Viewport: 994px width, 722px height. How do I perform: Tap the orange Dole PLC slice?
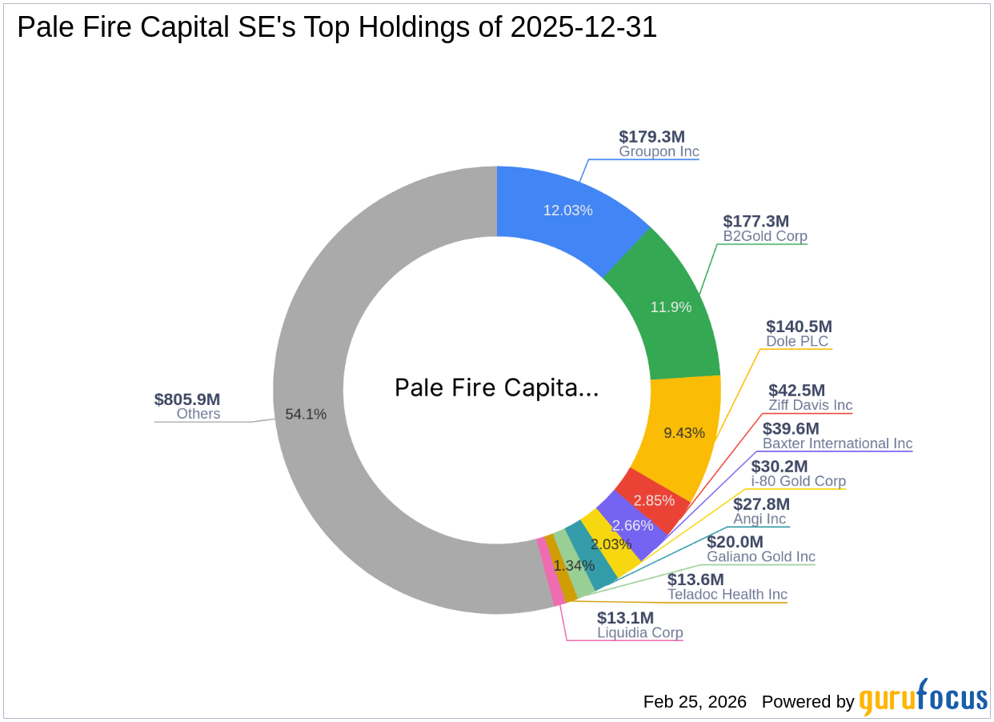point(680,432)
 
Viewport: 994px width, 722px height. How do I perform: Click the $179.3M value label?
point(651,137)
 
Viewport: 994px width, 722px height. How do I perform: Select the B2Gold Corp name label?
point(765,237)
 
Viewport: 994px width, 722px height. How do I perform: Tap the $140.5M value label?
point(799,327)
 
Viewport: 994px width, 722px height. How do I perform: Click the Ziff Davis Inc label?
point(811,405)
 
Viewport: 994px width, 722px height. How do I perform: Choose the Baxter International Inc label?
point(837,443)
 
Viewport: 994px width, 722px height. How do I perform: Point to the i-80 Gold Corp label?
point(798,481)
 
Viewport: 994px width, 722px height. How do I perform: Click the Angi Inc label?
point(760,519)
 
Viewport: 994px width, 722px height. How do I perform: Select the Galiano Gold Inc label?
point(761,556)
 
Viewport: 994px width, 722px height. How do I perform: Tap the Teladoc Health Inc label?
point(727,595)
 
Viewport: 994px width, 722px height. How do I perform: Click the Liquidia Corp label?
point(640,632)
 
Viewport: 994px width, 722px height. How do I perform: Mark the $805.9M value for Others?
point(187,399)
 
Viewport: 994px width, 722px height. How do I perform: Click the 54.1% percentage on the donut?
point(306,415)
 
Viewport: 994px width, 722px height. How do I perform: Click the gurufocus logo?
point(924,699)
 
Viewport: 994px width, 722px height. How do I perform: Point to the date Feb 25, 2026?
point(695,702)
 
